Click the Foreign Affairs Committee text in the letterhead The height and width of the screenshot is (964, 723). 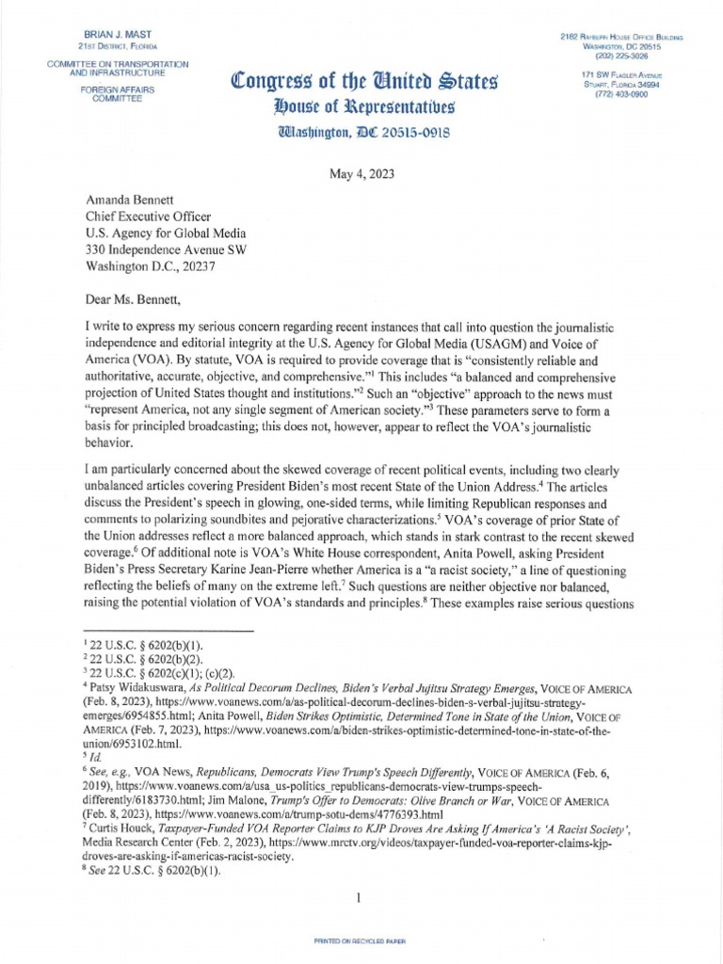click(x=117, y=97)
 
